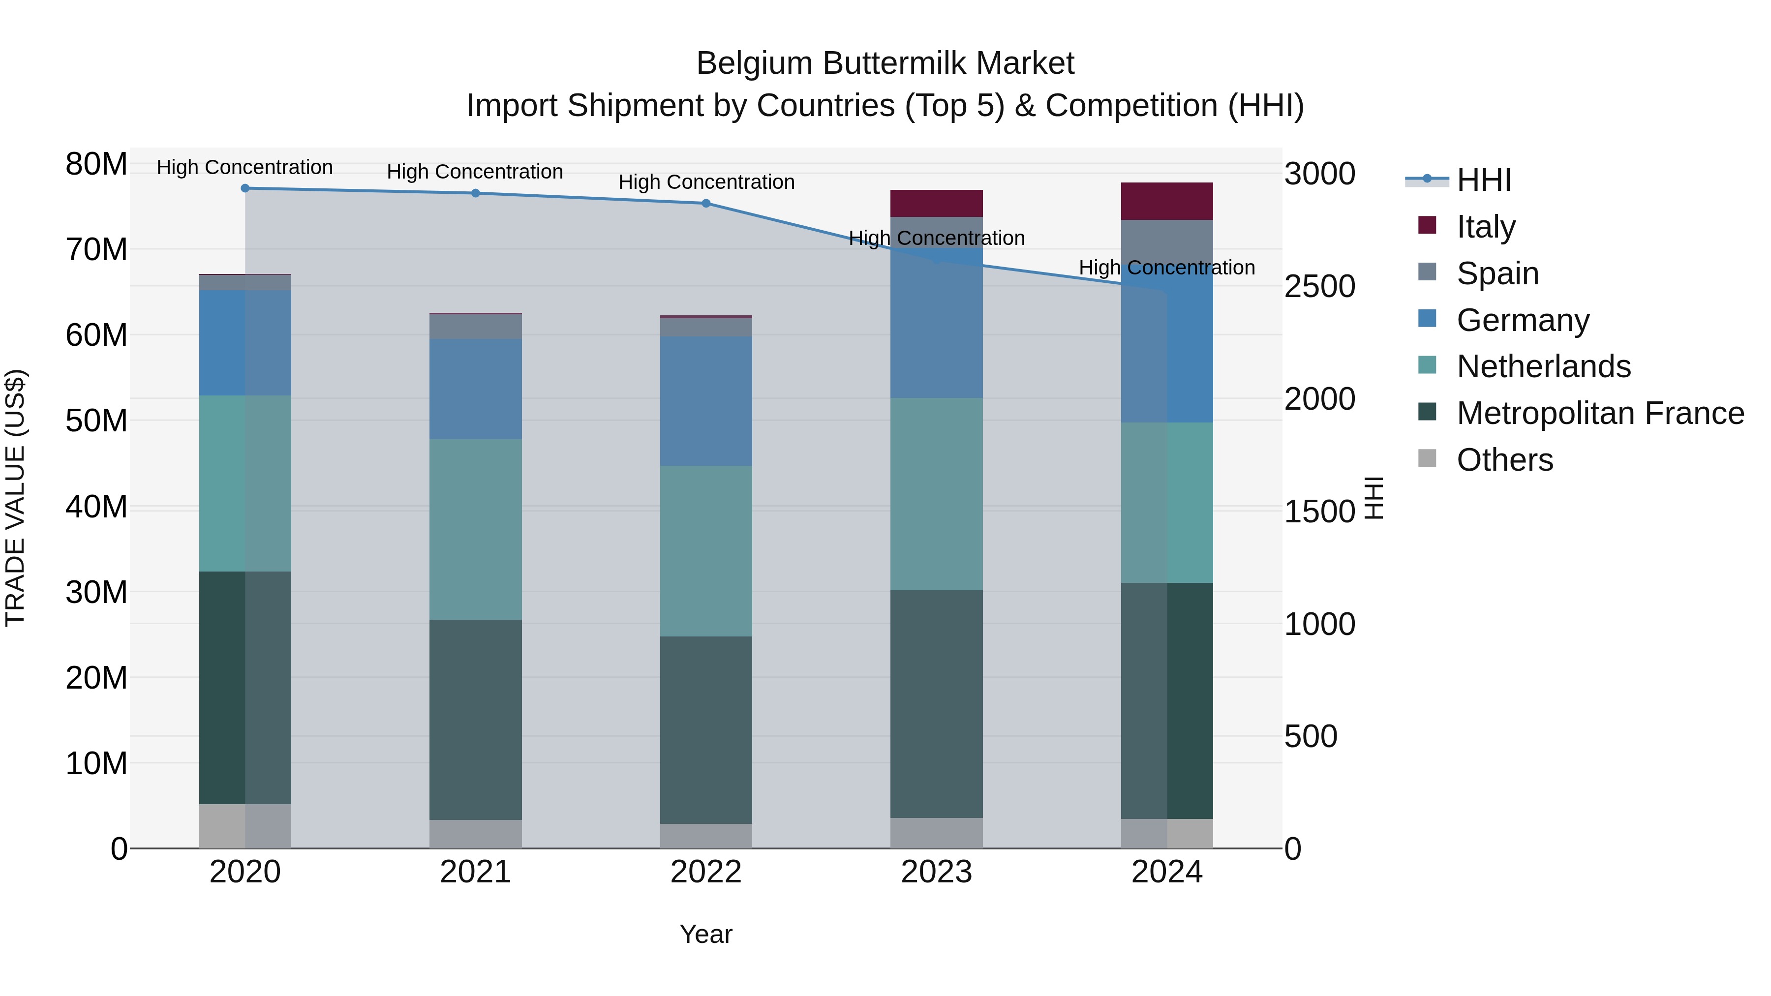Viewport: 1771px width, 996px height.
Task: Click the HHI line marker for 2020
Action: point(245,188)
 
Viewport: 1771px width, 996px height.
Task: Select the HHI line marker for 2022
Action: point(705,204)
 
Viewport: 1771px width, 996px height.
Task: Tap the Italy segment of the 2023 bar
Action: point(936,204)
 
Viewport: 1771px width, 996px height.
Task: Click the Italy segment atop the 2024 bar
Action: point(1167,201)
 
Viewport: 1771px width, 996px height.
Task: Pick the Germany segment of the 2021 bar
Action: point(475,389)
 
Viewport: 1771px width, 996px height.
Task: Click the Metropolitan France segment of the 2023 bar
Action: point(936,704)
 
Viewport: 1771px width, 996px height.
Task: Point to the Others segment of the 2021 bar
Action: point(475,834)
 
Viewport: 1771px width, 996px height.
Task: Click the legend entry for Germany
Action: point(1523,320)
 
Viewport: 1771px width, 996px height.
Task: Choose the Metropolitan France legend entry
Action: point(1600,414)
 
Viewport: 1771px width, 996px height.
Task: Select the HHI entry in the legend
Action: point(1484,180)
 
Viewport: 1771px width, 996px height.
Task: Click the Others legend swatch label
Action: point(1504,460)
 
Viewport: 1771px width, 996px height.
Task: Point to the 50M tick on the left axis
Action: point(96,421)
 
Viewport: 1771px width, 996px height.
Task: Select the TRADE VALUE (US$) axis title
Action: point(15,498)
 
